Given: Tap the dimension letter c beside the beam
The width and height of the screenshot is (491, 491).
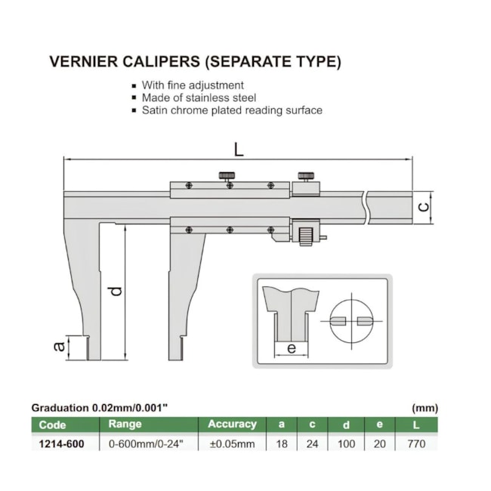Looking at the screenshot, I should [x=424, y=205].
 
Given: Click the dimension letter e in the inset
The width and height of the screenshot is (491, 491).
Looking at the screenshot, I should [x=291, y=348].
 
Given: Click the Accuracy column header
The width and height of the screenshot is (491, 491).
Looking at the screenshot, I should [x=232, y=425].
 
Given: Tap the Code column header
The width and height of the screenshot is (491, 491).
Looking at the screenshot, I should [x=52, y=425].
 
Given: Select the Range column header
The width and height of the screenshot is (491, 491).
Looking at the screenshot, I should [x=125, y=425].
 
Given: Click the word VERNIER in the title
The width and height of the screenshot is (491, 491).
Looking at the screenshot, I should [x=82, y=61].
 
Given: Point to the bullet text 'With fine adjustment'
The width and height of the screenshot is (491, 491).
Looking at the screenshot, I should [x=193, y=85].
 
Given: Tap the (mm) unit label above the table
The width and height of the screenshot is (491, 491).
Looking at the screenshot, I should [x=425, y=408].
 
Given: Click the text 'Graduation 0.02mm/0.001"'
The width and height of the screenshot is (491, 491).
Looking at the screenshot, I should [x=99, y=408].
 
